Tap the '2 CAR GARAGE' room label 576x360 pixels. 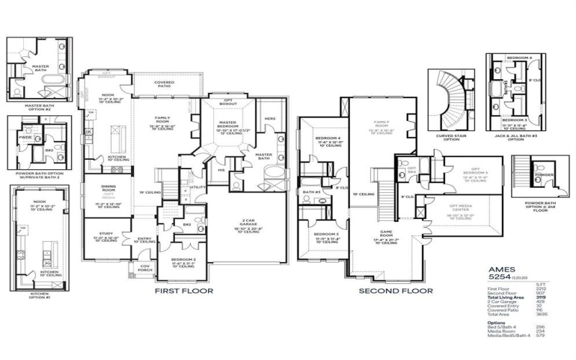tap(248, 222)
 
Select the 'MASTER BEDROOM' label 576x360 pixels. tap(229, 124)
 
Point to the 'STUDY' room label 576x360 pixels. tap(101, 234)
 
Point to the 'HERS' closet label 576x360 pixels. tap(270, 119)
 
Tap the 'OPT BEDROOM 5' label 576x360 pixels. tap(462, 172)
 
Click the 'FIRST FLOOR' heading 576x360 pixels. tap(184, 292)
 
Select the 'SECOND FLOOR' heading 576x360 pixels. tap(397, 292)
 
